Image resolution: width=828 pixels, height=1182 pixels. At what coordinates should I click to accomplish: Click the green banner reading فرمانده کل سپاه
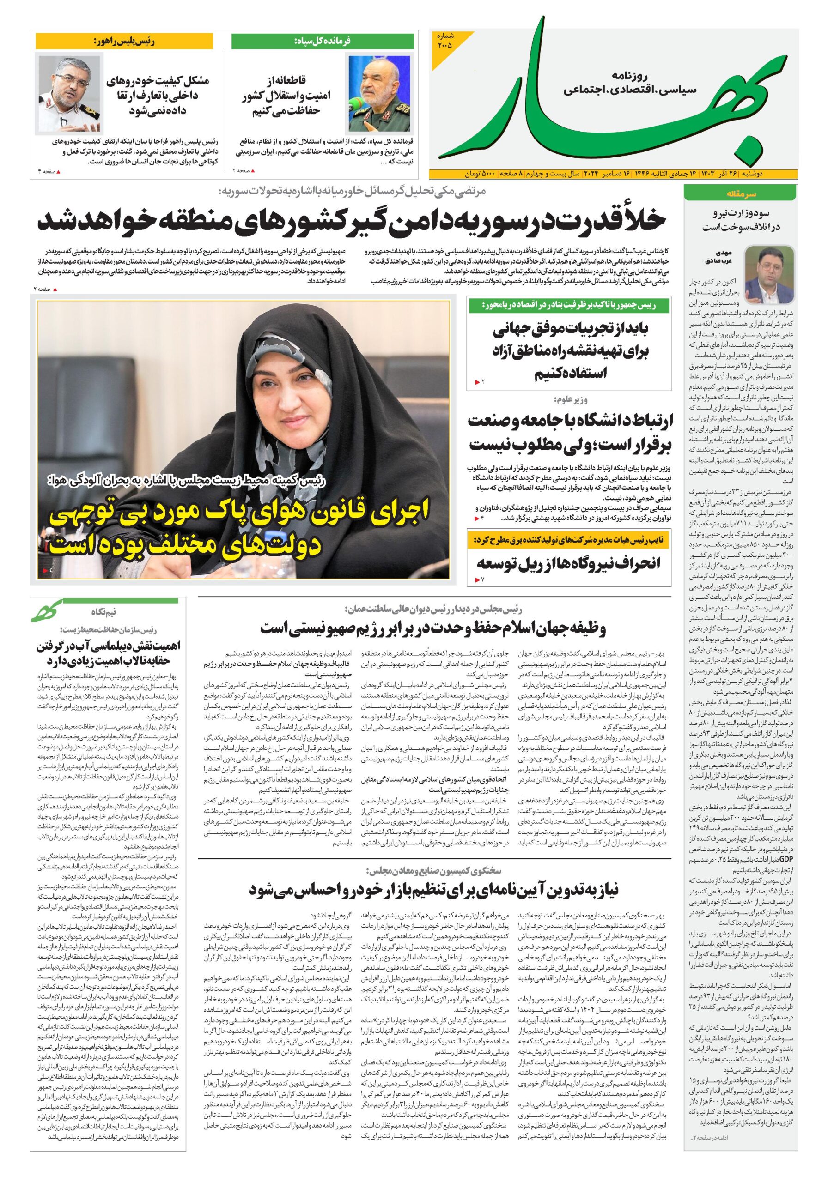click(x=322, y=41)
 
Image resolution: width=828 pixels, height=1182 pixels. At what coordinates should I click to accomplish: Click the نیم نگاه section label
click(x=103, y=612)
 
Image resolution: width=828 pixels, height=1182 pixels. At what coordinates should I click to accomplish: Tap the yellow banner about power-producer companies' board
click(x=569, y=540)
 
